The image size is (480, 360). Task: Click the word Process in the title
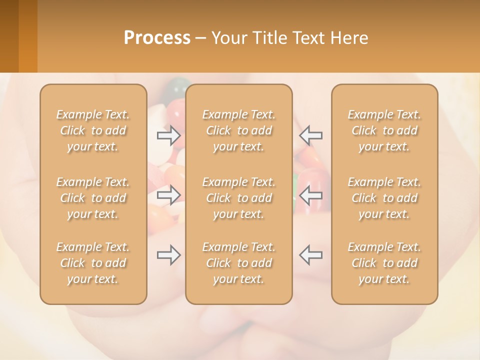(157, 38)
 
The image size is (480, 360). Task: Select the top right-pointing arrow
(169, 135)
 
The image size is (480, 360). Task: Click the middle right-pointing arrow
(169, 195)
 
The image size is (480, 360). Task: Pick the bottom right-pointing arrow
(169, 255)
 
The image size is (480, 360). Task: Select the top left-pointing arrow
(311, 135)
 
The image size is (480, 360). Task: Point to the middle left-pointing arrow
(311, 195)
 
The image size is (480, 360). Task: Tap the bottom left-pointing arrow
(311, 255)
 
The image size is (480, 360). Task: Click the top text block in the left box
(93, 130)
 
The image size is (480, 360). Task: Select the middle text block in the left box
(93, 198)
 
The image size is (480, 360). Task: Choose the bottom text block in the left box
(93, 263)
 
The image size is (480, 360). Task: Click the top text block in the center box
(239, 130)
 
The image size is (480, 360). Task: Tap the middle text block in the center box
(239, 198)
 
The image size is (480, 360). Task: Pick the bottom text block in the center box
(239, 263)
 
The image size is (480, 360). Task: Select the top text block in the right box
(384, 130)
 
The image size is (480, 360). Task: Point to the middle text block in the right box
(384, 198)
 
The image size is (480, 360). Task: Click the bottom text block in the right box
(384, 263)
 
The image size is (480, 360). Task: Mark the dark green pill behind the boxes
(176, 90)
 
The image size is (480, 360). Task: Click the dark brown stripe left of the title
(9, 36)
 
